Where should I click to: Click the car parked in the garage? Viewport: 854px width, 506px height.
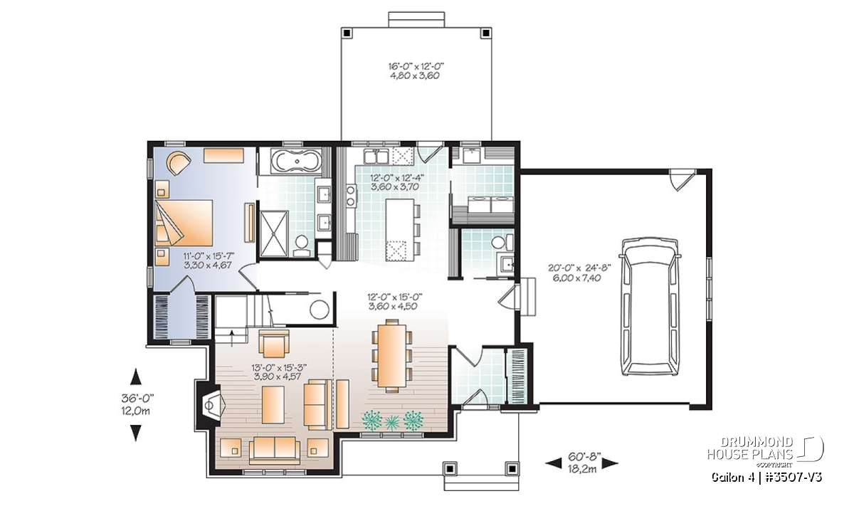(x=650, y=307)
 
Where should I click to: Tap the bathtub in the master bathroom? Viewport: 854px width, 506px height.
(x=296, y=162)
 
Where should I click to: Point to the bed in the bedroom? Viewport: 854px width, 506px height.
(x=184, y=223)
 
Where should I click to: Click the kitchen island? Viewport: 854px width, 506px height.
(x=399, y=230)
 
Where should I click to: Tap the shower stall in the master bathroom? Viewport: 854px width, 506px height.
(x=274, y=233)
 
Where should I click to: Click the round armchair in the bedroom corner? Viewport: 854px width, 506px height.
(x=179, y=163)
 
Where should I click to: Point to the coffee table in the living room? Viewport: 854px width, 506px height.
(x=273, y=404)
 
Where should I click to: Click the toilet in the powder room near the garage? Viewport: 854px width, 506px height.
(x=502, y=242)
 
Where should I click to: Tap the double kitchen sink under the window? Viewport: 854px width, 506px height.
(x=376, y=157)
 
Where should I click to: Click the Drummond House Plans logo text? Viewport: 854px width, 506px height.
(x=750, y=448)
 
